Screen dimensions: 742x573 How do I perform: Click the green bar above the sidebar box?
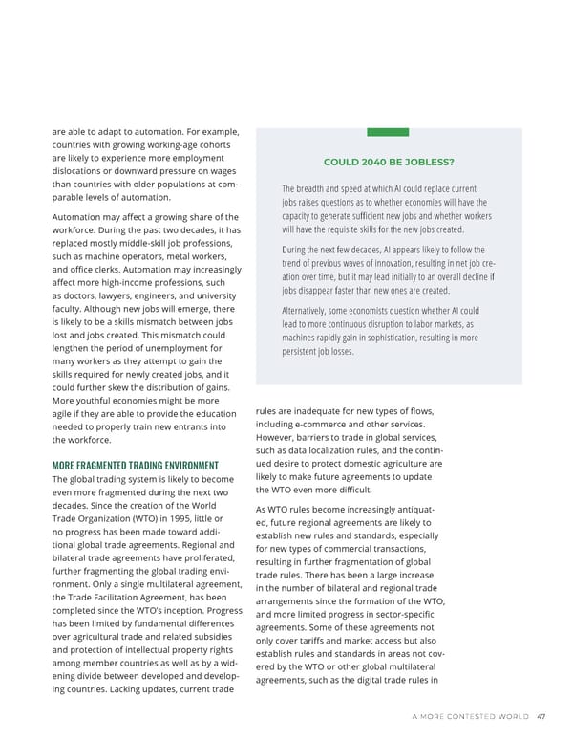[x=388, y=132]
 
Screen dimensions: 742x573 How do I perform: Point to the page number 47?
[x=541, y=718]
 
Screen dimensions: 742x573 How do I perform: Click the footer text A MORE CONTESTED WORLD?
[x=470, y=718]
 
